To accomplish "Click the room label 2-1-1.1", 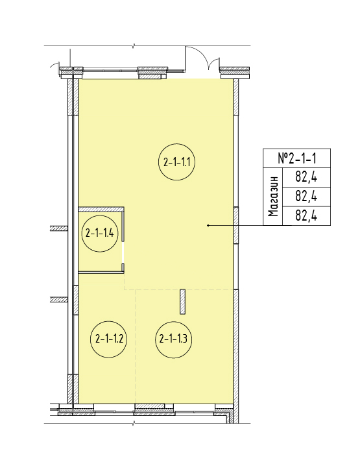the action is coord(177,162).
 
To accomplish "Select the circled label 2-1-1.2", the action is coord(109,339).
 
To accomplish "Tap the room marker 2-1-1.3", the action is coord(173,339).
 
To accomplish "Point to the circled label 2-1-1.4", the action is coord(100,234).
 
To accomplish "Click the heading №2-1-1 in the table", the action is coord(296,158).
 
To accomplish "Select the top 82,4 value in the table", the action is coord(306,177).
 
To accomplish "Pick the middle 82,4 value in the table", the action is coord(306,197).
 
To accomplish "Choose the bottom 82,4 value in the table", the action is coord(306,215).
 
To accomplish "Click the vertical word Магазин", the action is coord(273,197).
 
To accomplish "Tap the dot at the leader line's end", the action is coord(208,225).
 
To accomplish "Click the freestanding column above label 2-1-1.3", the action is coord(182,302).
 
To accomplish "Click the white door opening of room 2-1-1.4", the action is coord(123,252).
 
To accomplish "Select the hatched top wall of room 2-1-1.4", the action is coord(101,210).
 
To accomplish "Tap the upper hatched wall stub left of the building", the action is coord(58,228).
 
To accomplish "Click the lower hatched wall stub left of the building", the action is coord(58,300).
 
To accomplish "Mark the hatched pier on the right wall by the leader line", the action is coord(236,225).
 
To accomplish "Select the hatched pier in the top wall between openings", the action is coord(153,73).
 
